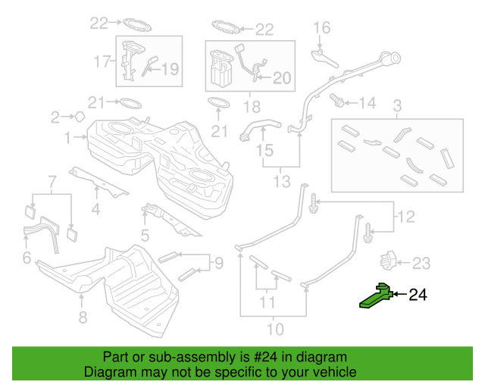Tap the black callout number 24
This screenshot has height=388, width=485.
pyautogui.click(x=418, y=295)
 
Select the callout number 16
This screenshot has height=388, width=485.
pyautogui.click(x=321, y=27)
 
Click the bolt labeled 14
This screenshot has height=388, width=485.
pyautogui.click(x=336, y=100)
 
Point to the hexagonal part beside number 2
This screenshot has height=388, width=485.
pyautogui.click(x=80, y=117)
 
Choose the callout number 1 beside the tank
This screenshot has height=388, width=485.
pyautogui.click(x=67, y=138)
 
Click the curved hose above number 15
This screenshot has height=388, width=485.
pyautogui.click(x=260, y=129)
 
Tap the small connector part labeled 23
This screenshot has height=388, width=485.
pyautogui.click(x=388, y=261)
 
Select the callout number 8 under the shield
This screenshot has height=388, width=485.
pyautogui.click(x=83, y=318)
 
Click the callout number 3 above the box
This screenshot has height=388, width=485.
pyautogui.click(x=397, y=106)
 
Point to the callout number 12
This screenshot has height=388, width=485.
pyautogui.click(x=406, y=217)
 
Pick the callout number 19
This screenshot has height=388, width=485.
pyautogui.click(x=170, y=69)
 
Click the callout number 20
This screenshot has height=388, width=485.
pyautogui.click(x=282, y=78)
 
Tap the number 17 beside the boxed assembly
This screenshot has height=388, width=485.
pyautogui.click(x=102, y=61)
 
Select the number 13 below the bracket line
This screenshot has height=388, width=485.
pyautogui.click(x=282, y=181)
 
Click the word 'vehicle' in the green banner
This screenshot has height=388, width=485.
pyautogui.click(x=336, y=371)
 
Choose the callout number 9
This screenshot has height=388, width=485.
pyautogui.click(x=219, y=263)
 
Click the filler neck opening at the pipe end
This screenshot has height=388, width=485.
pyautogui.click(x=395, y=58)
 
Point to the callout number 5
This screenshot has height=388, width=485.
pyautogui.click(x=145, y=236)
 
